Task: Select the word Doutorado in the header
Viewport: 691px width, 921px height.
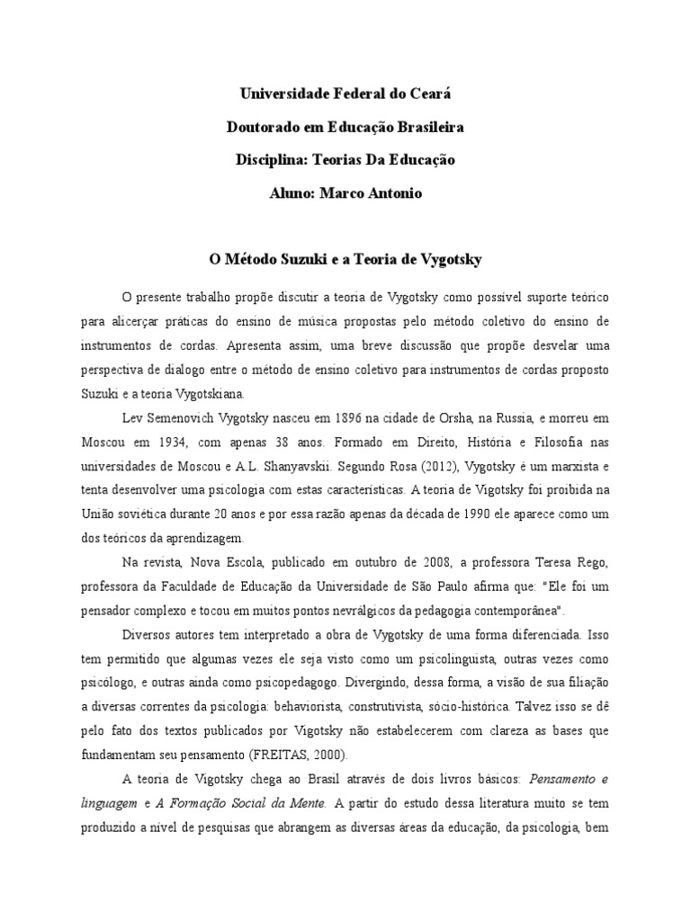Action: click(258, 127)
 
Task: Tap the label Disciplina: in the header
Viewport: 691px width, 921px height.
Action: click(271, 160)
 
